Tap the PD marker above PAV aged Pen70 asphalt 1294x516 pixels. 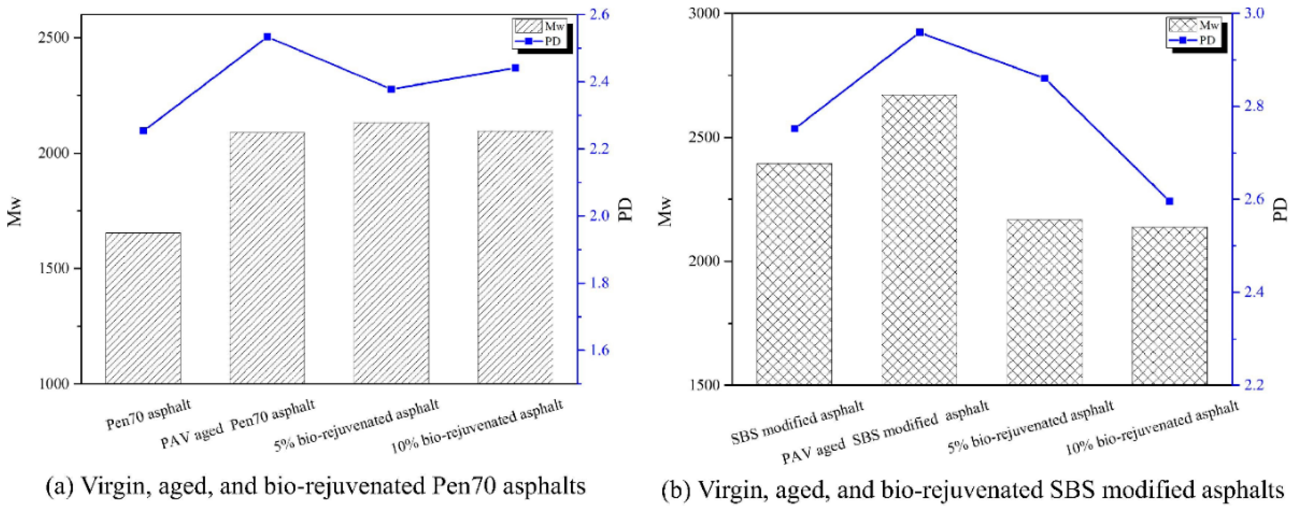click(267, 37)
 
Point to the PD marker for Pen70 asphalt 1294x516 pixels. click(143, 131)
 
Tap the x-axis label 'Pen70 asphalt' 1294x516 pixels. click(149, 415)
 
